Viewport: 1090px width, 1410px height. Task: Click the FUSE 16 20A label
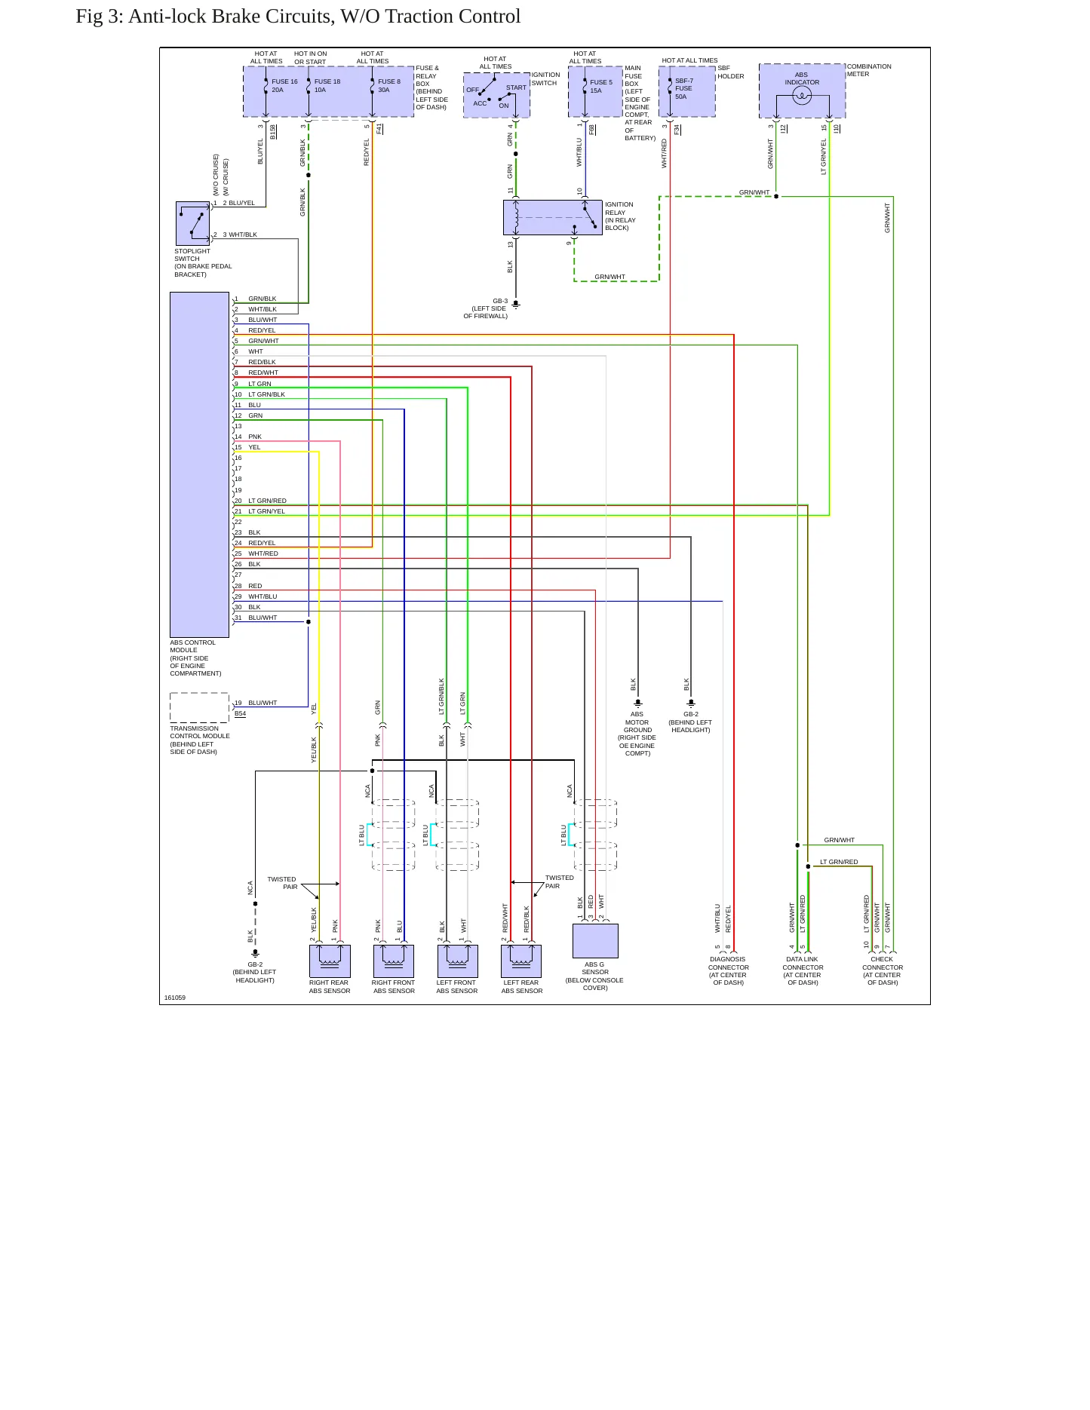pos(284,86)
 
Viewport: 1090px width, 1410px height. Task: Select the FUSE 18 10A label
pos(327,86)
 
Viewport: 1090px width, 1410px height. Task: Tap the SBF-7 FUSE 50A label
pos(683,88)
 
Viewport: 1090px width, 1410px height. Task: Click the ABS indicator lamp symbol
pos(802,96)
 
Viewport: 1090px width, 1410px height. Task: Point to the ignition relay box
pos(553,218)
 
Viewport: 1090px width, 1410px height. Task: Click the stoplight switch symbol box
pos(192,223)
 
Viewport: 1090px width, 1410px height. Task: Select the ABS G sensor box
pos(595,941)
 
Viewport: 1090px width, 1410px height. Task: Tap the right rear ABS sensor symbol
pos(330,961)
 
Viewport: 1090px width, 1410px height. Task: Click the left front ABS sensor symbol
pos(457,961)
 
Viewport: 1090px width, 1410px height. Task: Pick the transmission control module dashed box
pos(199,707)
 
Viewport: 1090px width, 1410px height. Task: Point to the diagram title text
pos(298,17)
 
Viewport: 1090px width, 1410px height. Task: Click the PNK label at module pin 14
pos(255,437)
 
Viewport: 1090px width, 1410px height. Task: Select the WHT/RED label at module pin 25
pos(263,553)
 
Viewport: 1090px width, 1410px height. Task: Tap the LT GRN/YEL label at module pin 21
pos(267,511)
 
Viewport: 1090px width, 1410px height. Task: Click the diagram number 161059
pos(175,998)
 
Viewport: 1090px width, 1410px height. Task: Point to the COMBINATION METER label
pos(869,70)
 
